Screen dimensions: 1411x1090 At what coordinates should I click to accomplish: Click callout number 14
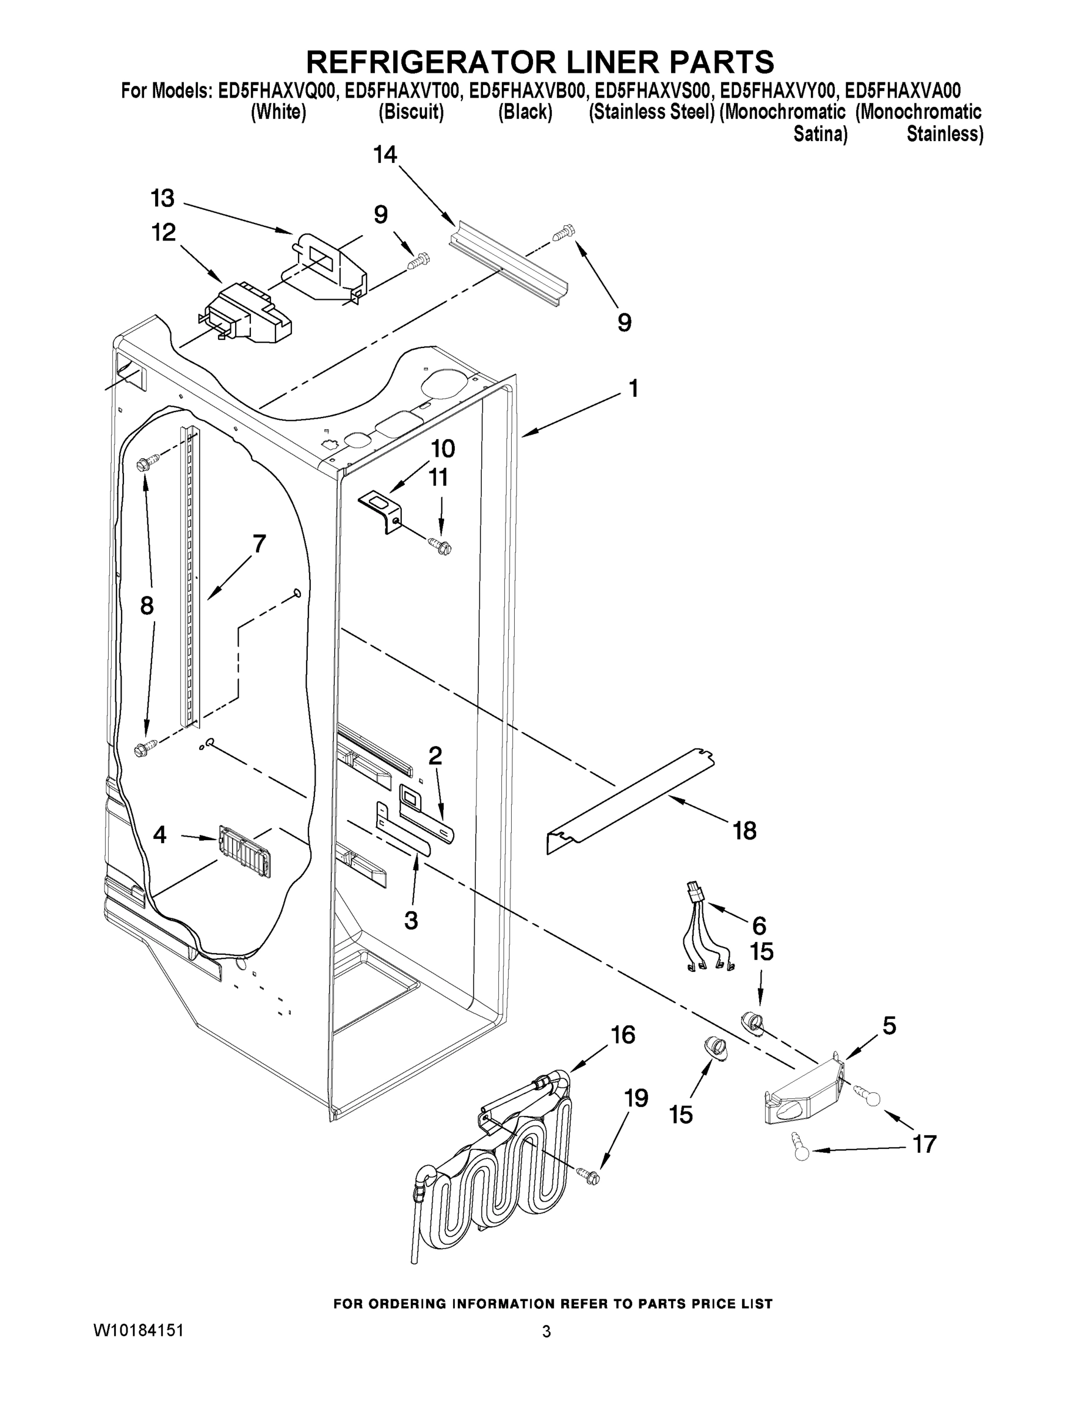click(385, 155)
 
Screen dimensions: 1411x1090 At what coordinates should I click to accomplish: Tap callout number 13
click(163, 198)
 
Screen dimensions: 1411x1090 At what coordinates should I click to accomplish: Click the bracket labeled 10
click(381, 510)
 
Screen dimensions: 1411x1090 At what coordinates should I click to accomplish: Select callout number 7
click(259, 544)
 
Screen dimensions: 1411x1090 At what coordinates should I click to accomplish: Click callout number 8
click(147, 606)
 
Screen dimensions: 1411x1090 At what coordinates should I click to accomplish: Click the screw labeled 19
click(589, 1176)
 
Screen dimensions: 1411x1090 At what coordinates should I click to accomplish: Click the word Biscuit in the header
click(411, 112)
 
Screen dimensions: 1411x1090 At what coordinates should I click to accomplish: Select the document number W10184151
click(139, 1330)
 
